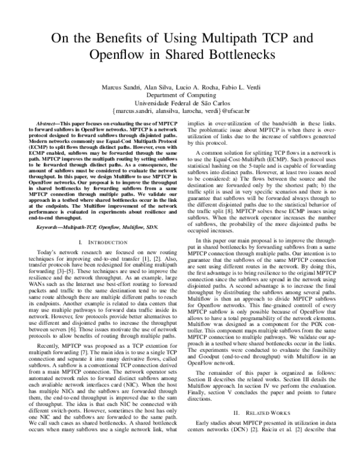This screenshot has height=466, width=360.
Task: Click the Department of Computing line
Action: (180, 95)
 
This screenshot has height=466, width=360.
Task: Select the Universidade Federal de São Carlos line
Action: (180, 103)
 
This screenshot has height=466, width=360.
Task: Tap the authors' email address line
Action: (180, 111)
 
